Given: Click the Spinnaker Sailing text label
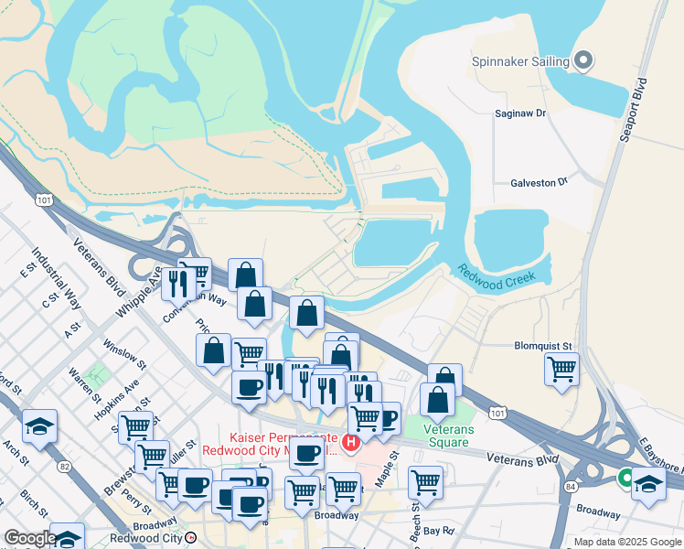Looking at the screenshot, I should pyautogui.click(x=520, y=62).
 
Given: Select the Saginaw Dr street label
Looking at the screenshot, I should pyautogui.click(x=519, y=114).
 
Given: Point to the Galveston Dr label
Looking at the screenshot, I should pyautogui.click(x=539, y=183).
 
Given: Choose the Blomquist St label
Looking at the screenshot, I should pyautogui.click(x=542, y=347).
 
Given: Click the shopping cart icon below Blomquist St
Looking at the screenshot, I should pyautogui.click(x=561, y=371).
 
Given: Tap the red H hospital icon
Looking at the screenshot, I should pyautogui.click(x=351, y=442).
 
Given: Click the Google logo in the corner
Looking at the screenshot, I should pyautogui.click(x=29, y=539).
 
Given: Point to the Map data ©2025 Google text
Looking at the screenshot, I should pyautogui.click(x=626, y=542).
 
